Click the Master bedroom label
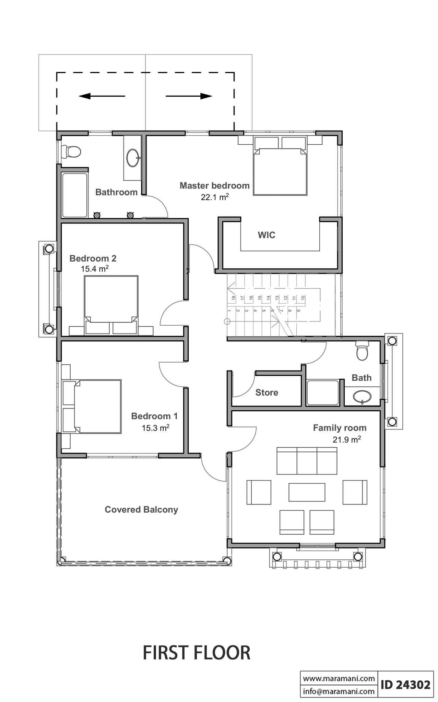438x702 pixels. [215, 185]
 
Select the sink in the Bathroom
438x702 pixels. [133, 158]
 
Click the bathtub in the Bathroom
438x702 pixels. [74, 195]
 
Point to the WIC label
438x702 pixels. [267, 235]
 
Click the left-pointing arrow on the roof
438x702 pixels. [102, 96]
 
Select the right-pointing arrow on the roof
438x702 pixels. [189, 96]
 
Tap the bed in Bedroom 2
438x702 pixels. [111, 304]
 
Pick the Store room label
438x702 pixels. [267, 392]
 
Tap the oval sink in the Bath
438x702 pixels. [362, 397]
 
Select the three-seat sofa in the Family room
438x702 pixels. [307, 460]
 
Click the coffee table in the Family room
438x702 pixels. [307, 492]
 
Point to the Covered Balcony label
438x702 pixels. [141, 509]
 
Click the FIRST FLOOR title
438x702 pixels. [196, 653]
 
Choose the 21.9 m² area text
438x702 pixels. [346, 439]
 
